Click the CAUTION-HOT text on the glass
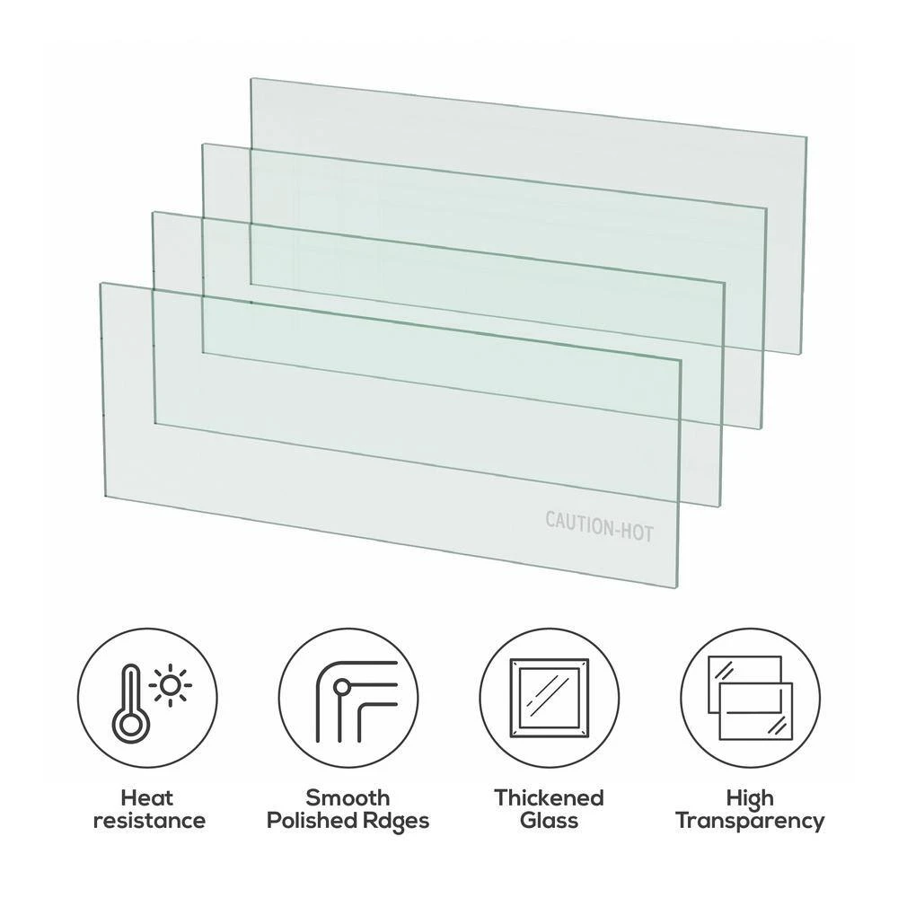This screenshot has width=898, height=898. pyautogui.click(x=599, y=524)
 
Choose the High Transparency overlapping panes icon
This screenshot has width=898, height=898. pyautogui.click(x=750, y=699)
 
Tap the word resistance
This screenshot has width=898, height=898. pyautogui.click(x=149, y=820)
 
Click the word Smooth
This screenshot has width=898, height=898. pyautogui.click(x=348, y=797)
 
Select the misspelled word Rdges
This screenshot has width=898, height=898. pyautogui.click(x=397, y=820)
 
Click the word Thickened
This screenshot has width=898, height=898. pyautogui.click(x=549, y=797)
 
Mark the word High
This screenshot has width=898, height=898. pyautogui.click(x=750, y=797)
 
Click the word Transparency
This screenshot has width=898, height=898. pyautogui.click(x=750, y=820)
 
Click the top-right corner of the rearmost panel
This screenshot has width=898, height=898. pyautogui.click(x=806, y=138)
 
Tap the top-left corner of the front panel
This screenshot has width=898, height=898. pyautogui.click(x=101, y=284)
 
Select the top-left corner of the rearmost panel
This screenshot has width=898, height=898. pyautogui.click(x=251, y=79)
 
